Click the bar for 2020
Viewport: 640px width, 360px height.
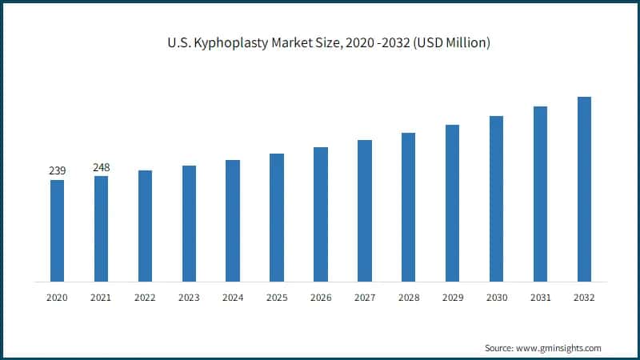pyautogui.click(x=57, y=230)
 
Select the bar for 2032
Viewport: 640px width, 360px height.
pyautogui.click(x=584, y=189)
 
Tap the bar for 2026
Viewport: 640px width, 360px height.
pyautogui.click(x=321, y=214)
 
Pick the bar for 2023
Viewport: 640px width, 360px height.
pyautogui.click(x=189, y=223)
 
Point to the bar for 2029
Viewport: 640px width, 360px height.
pyautogui.click(x=453, y=203)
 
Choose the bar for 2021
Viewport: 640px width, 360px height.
pyautogui.click(x=101, y=229)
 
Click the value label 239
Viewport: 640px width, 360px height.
pyautogui.click(x=57, y=170)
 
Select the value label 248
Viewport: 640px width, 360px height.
pyautogui.click(x=101, y=167)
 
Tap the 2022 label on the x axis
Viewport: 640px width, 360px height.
pyautogui.click(x=145, y=297)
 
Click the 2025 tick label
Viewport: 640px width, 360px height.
pyautogui.click(x=277, y=297)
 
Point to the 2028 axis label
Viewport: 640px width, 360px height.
pyautogui.click(x=409, y=297)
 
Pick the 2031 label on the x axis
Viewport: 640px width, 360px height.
pyautogui.click(x=540, y=297)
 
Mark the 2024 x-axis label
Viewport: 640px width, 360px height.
pyautogui.click(x=233, y=297)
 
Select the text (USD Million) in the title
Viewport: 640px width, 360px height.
pyautogui.click(x=450, y=42)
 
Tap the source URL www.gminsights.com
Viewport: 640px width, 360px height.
pyautogui.click(x=558, y=348)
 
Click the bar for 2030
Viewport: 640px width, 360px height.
pyautogui.click(x=496, y=198)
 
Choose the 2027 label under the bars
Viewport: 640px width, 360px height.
pyautogui.click(x=365, y=297)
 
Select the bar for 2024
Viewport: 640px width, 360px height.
pyautogui.click(x=233, y=221)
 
